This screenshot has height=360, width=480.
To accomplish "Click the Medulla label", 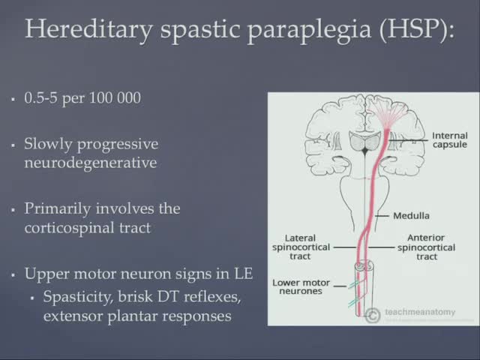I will [411, 216].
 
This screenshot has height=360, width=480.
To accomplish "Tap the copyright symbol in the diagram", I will [373, 316].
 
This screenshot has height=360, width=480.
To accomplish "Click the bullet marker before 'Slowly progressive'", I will [13, 143].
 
